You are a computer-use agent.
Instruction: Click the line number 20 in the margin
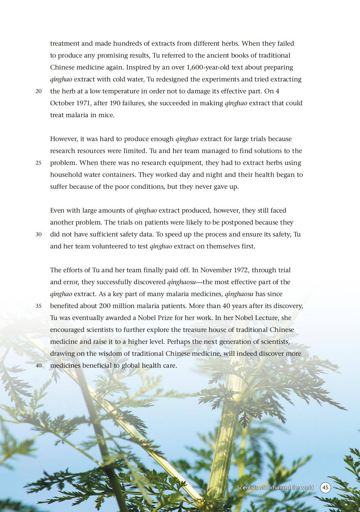(x=38, y=91)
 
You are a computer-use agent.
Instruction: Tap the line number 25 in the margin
(x=38, y=163)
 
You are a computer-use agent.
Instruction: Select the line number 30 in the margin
(x=38, y=234)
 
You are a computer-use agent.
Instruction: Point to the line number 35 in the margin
(x=38, y=306)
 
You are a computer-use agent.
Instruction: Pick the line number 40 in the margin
(x=38, y=366)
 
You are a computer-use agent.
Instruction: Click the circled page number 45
(x=325, y=488)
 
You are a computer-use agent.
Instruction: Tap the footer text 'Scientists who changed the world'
(x=275, y=488)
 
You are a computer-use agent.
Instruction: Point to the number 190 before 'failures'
(x=115, y=103)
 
